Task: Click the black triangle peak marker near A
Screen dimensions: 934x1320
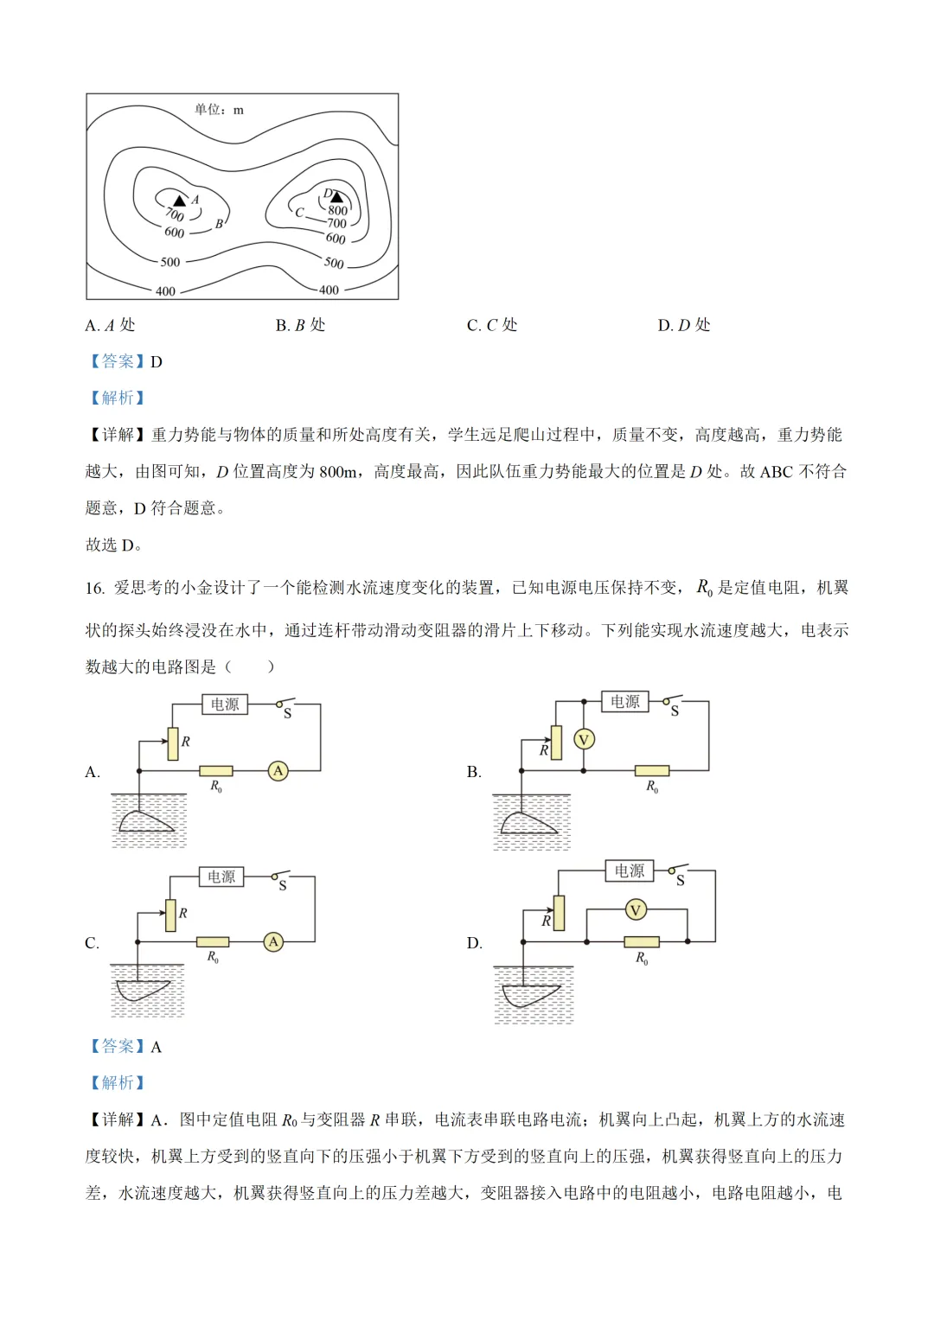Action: pos(180,201)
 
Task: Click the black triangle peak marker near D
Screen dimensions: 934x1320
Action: pos(336,197)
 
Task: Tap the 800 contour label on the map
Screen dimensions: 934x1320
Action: pos(337,210)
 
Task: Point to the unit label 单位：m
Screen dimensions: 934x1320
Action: pos(219,110)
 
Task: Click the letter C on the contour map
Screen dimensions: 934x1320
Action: pos(299,212)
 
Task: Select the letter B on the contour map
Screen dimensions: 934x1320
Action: pos(219,224)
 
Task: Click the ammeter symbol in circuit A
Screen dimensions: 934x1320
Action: pos(278,770)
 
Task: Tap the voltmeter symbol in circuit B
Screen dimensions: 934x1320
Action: pos(584,739)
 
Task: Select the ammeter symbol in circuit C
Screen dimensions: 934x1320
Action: pos(273,941)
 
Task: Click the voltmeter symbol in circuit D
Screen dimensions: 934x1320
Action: pos(636,909)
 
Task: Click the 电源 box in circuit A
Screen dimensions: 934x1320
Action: pos(225,705)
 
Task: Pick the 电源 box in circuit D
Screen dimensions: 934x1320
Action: pos(630,870)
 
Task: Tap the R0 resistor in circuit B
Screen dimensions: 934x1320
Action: pos(652,770)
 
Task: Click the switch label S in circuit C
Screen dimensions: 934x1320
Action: pos(283,886)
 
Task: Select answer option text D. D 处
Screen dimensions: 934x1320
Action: pos(683,325)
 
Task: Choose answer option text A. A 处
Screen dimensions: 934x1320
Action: pos(110,325)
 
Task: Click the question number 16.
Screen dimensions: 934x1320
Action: pos(94,589)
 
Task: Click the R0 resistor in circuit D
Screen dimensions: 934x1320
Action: pos(642,941)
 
